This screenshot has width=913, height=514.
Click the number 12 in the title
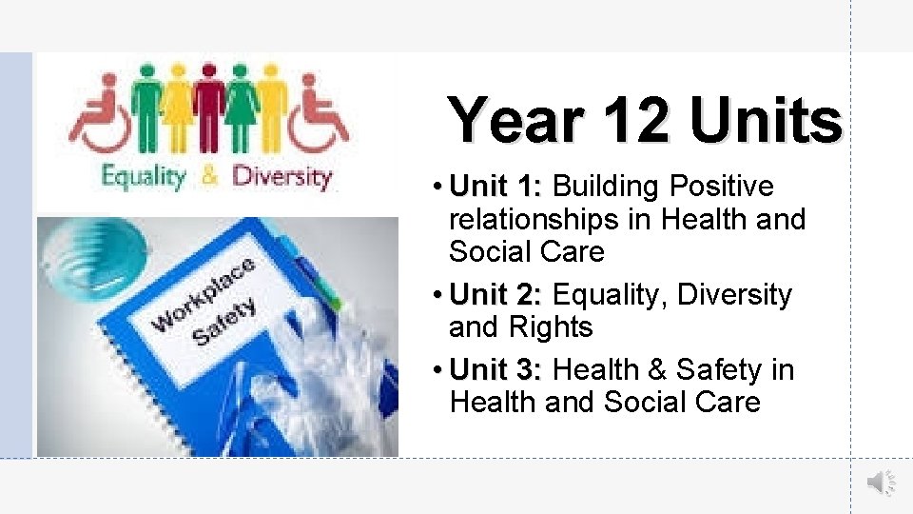(x=628, y=122)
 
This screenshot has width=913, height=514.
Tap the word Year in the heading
(x=515, y=122)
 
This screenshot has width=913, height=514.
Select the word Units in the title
(x=767, y=122)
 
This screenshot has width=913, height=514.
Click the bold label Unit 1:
(x=496, y=187)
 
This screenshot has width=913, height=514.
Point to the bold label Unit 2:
(x=496, y=295)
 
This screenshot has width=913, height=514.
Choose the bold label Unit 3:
(x=496, y=369)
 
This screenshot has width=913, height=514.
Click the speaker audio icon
(x=880, y=484)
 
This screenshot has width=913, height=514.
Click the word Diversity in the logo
(x=282, y=176)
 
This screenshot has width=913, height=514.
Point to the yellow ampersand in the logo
(x=210, y=176)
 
